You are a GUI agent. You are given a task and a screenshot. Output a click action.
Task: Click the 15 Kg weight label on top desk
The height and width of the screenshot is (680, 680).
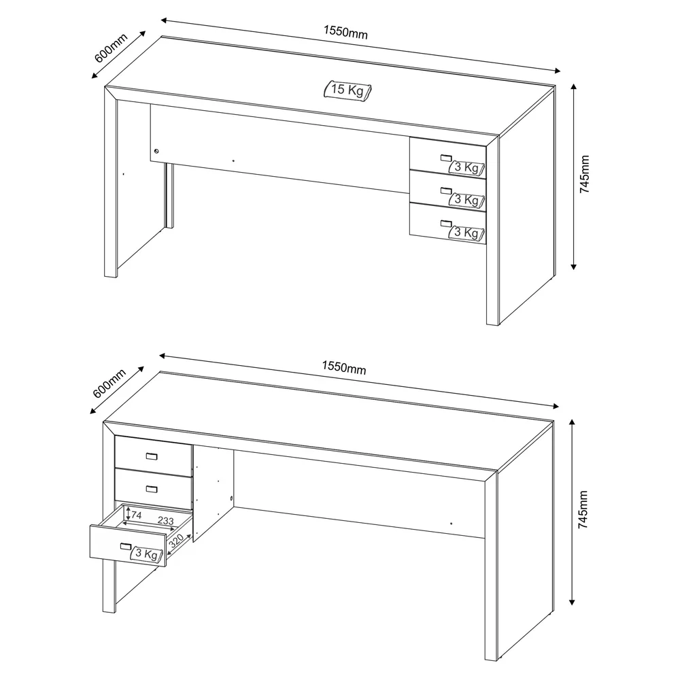pyautogui.click(x=347, y=90)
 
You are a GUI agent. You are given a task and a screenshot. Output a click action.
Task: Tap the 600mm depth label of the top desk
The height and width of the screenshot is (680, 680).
pyautogui.click(x=110, y=47)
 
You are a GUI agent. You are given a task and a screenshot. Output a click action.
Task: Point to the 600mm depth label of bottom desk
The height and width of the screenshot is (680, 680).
pyautogui.click(x=109, y=384)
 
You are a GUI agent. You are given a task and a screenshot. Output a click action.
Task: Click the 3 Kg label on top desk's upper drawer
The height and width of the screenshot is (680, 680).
pyautogui.click(x=467, y=167)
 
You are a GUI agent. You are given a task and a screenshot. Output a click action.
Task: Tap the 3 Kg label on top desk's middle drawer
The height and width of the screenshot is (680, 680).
pyautogui.click(x=467, y=199)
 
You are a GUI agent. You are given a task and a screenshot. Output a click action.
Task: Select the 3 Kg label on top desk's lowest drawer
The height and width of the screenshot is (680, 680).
pyautogui.click(x=467, y=232)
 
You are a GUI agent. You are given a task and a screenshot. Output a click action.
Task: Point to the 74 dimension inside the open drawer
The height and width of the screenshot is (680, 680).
pyautogui.click(x=136, y=515)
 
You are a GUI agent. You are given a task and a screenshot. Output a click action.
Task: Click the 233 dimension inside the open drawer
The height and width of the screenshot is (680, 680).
pyautogui.click(x=165, y=521)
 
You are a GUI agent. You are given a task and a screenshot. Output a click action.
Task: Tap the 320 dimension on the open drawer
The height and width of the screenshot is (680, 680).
pyautogui.click(x=176, y=541)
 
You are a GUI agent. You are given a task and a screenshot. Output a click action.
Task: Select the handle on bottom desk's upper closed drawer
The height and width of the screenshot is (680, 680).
pyautogui.click(x=152, y=456)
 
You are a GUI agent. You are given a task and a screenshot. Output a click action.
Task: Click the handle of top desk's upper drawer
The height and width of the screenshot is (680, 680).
pyautogui.click(x=445, y=158)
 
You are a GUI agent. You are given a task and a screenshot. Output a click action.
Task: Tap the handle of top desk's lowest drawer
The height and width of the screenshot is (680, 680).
pyautogui.click(x=445, y=222)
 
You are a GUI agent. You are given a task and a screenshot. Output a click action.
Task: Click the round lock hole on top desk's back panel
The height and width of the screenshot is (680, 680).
pyautogui.click(x=156, y=150)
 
